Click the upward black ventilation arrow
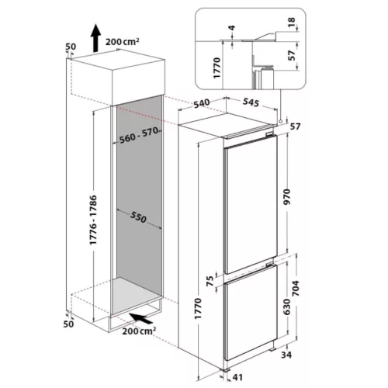click(x=96, y=38)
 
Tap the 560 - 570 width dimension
click(x=139, y=136)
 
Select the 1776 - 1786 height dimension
click(x=93, y=220)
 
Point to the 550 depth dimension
click(x=138, y=217)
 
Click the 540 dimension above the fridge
click(x=202, y=103)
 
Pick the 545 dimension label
click(x=251, y=102)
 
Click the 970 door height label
click(x=287, y=197)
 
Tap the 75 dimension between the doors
click(x=210, y=281)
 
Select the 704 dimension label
click(x=295, y=288)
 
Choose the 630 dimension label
click(x=287, y=307)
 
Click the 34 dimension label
click(x=286, y=355)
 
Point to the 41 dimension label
click(x=237, y=377)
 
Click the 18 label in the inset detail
click(x=291, y=23)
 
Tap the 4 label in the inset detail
click(x=232, y=28)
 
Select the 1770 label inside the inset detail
click(x=217, y=68)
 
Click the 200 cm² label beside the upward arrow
click(x=122, y=41)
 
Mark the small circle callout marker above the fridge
click(x=280, y=121)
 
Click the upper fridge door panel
click(x=251, y=204)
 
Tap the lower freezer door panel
click(x=251, y=313)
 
